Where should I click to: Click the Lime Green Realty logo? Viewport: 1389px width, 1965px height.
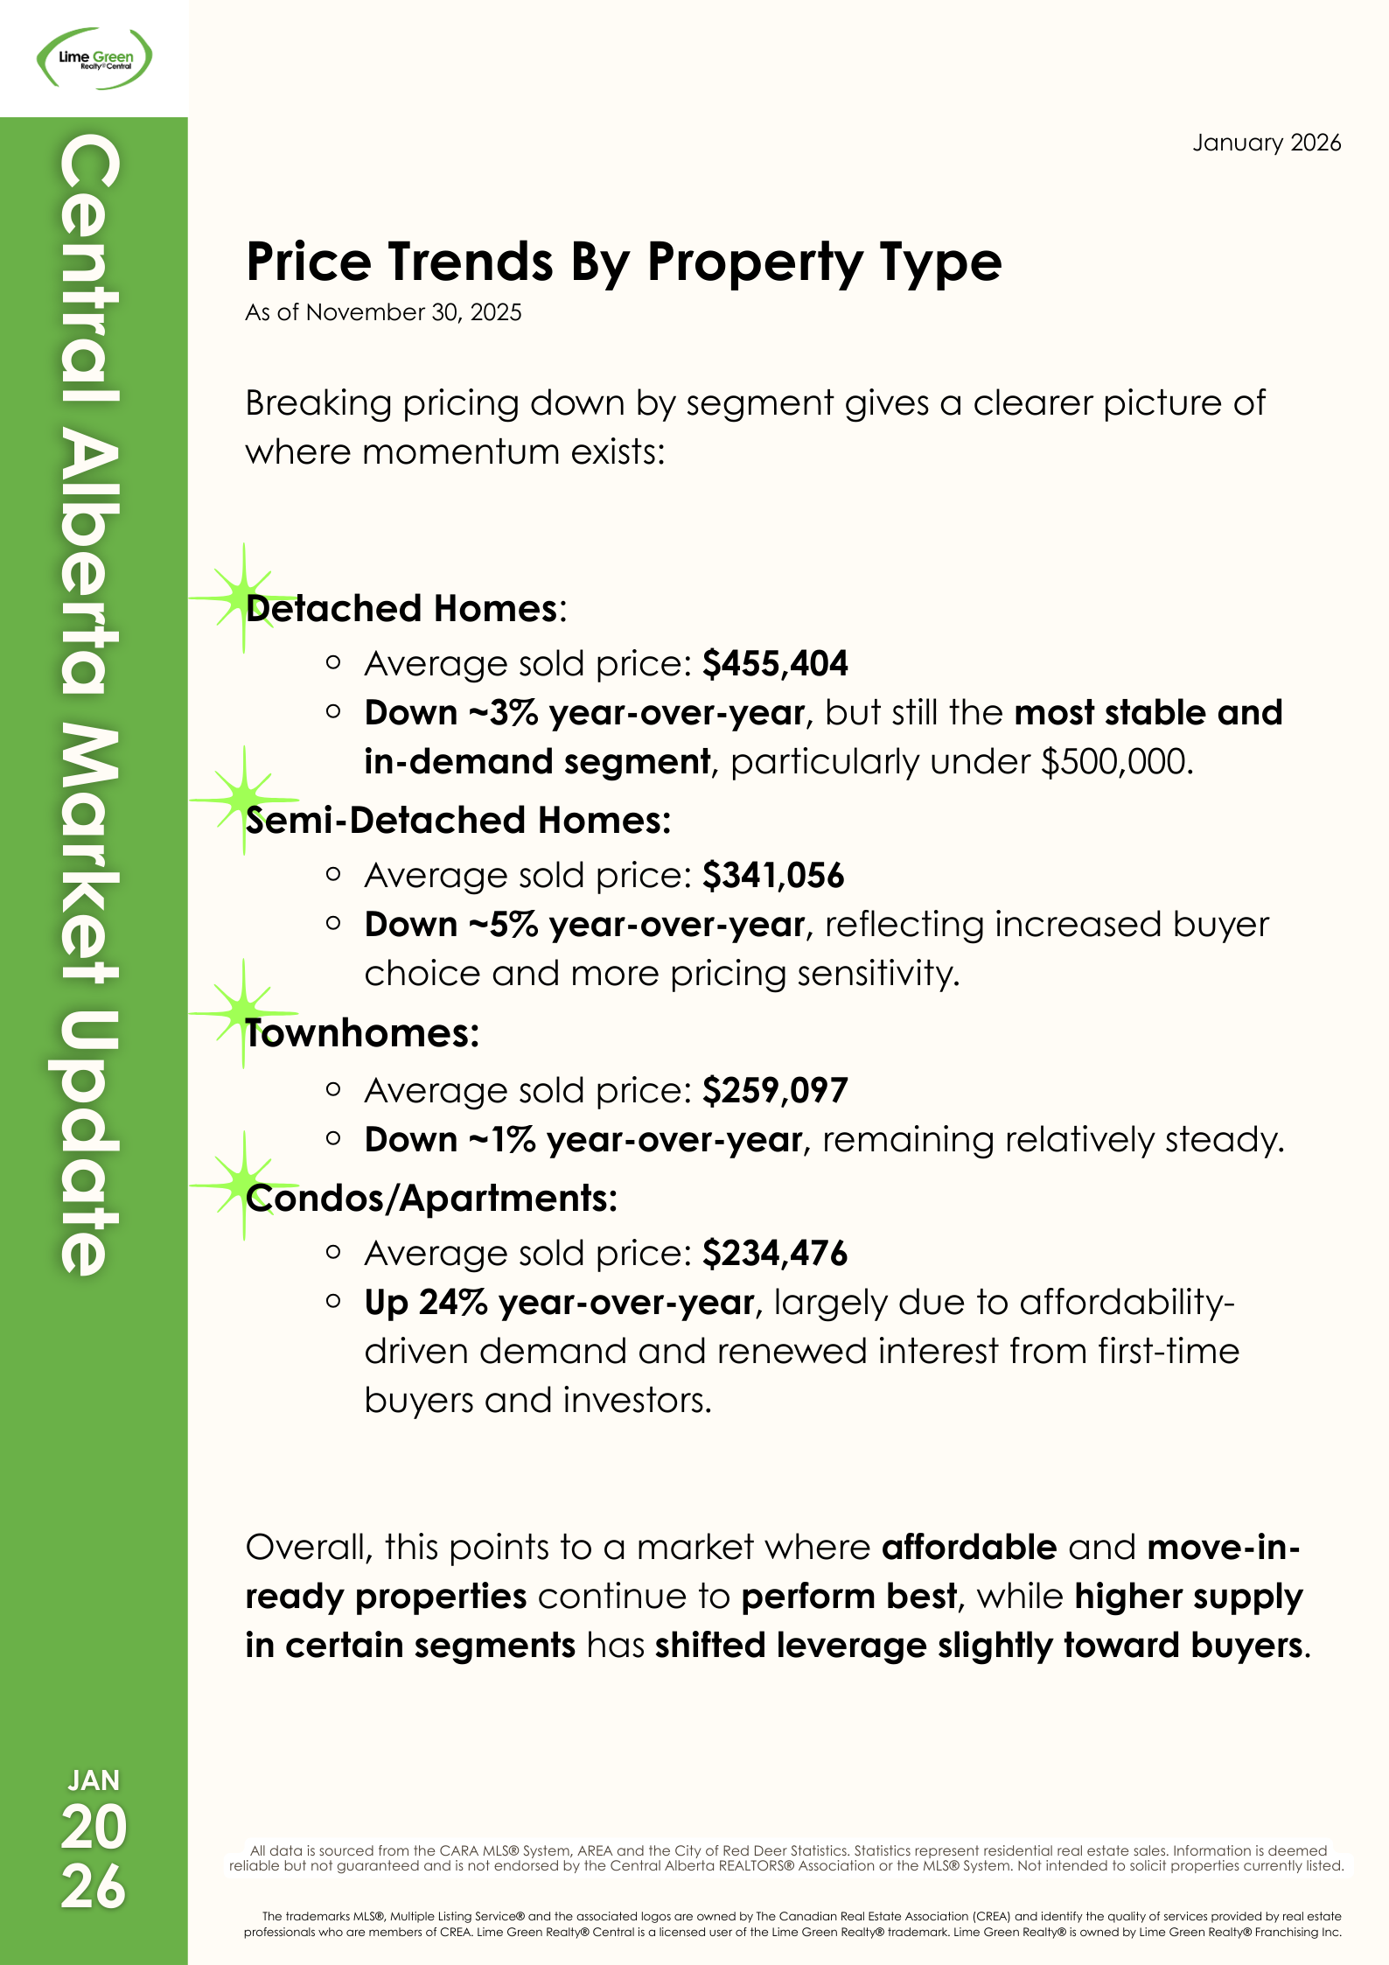click(x=94, y=59)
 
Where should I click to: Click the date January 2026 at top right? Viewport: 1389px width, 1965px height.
click(x=1266, y=143)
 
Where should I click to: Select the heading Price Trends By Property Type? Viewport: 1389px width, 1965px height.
click(x=624, y=262)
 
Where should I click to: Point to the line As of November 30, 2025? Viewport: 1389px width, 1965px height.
click(x=383, y=312)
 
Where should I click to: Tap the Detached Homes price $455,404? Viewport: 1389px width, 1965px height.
click(x=775, y=664)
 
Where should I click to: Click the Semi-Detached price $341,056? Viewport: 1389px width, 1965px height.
click(x=773, y=876)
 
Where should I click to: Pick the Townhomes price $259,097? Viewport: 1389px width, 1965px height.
click(x=775, y=1091)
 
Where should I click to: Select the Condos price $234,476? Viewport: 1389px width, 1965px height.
click(x=775, y=1254)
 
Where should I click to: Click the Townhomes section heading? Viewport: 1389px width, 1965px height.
click(x=362, y=1033)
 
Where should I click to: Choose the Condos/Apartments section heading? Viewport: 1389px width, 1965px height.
click(x=431, y=1199)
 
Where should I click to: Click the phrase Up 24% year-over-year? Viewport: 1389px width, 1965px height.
click(x=560, y=1303)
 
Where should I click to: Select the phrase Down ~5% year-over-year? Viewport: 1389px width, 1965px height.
click(x=584, y=925)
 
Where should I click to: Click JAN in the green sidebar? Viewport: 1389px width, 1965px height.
click(x=94, y=1780)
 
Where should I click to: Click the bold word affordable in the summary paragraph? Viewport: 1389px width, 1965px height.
click(x=969, y=1548)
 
